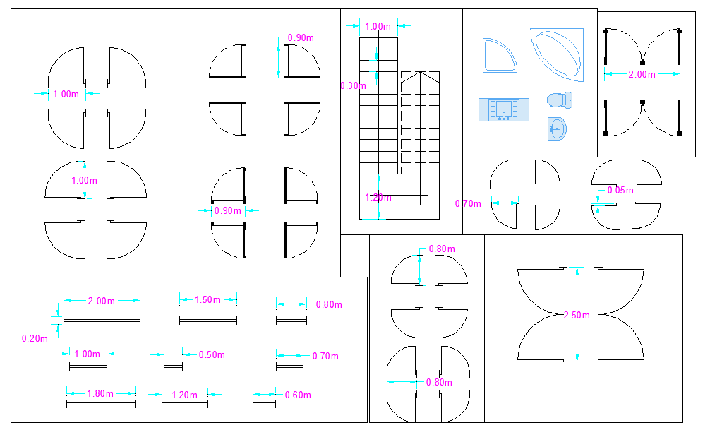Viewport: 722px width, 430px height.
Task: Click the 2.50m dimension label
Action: (577, 316)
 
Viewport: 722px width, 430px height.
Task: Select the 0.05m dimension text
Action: (621, 191)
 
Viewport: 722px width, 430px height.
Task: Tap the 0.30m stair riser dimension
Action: (352, 85)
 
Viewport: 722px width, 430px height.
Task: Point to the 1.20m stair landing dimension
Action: (378, 197)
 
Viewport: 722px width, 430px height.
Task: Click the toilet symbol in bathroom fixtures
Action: (560, 100)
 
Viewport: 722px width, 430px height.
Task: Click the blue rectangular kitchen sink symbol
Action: (504, 109)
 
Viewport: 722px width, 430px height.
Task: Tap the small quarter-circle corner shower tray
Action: (499, 56)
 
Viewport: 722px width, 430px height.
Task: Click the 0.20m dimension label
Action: (35, 338)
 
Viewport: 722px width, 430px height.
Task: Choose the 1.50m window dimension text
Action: (207, 300)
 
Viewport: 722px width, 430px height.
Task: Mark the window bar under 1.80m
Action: (100, 404)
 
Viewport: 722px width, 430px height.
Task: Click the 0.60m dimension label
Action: (297, 395)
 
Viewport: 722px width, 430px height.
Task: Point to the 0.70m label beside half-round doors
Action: (468, 203)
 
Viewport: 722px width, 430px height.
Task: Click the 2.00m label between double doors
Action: (642, 74)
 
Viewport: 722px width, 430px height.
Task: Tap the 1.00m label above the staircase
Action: (378, 26)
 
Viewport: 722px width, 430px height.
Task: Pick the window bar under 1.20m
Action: (184, 404)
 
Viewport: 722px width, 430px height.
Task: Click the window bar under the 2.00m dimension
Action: (102, 321)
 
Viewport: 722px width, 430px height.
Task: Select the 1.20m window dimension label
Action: (184, 395)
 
